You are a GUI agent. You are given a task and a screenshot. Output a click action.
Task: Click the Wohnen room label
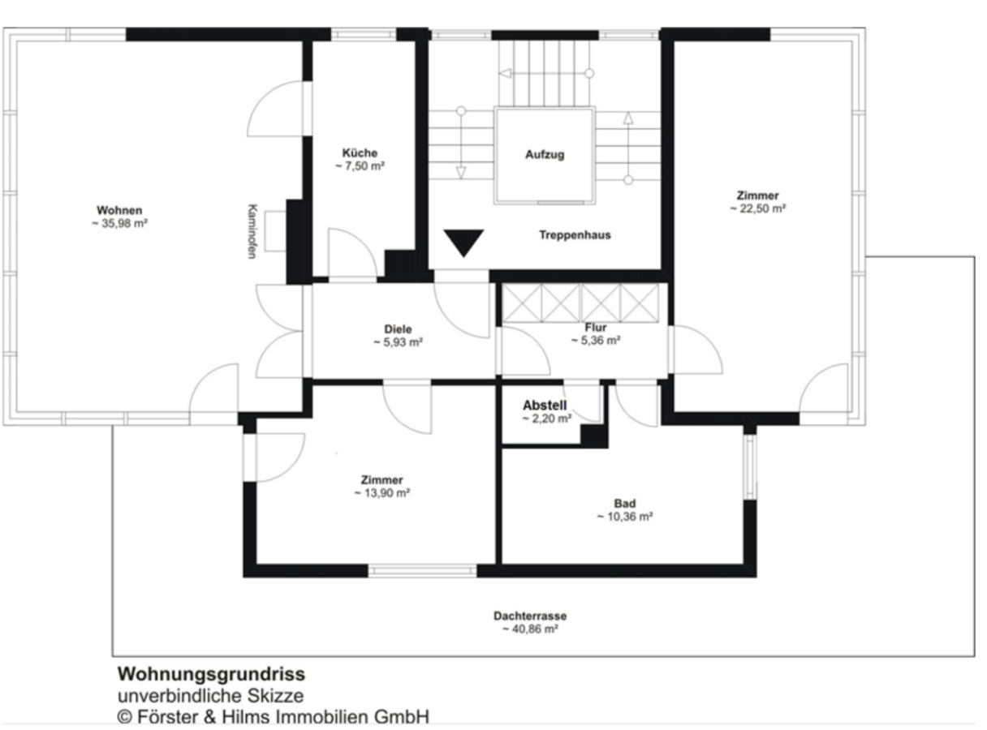coord(119,210)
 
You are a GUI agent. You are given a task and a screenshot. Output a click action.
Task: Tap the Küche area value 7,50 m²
coord(360,166)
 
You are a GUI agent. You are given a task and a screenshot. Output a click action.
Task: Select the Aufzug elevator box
coord(544,155)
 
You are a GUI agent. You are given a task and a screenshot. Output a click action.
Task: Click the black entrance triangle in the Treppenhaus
coord(463,243)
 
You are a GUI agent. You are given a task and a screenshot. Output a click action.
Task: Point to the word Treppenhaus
coord(575,235)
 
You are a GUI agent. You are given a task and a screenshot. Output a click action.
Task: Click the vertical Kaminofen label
coord(252,231)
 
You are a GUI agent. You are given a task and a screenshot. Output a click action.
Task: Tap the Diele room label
coord(398,329)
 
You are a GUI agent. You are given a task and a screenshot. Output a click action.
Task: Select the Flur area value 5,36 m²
coord(596,341)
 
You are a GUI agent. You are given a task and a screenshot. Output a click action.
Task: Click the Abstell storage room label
coord(545,406)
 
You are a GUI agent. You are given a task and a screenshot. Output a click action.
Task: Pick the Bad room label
coord(625,504)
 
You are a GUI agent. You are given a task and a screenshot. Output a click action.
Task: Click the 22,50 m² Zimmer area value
coord(758,208)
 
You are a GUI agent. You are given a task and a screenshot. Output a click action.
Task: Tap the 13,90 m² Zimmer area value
coord(381,493)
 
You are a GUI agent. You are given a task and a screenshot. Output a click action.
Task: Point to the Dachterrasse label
coord(530,616)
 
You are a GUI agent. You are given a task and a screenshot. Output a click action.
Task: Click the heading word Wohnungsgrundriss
coord(211,674)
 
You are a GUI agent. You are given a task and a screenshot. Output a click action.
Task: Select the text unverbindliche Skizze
coord(210,695)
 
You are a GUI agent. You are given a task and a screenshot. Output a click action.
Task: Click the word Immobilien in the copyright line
coord(321,717)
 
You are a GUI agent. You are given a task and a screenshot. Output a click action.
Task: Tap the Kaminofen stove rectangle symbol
coord(275,231)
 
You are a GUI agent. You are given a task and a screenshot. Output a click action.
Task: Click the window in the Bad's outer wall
coord(750,466)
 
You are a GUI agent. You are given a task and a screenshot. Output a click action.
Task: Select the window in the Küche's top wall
coord(364,34)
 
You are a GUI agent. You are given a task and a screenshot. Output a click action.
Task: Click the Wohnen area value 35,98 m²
coord(119,223)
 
